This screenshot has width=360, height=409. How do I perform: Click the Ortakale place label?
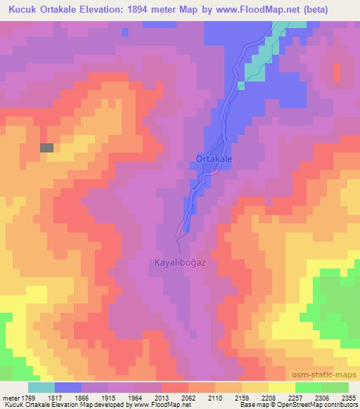tap(214, 160)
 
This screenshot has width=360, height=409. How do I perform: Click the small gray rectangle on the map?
tap(47, 148)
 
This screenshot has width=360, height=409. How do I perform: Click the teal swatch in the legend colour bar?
tap(41, 387)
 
